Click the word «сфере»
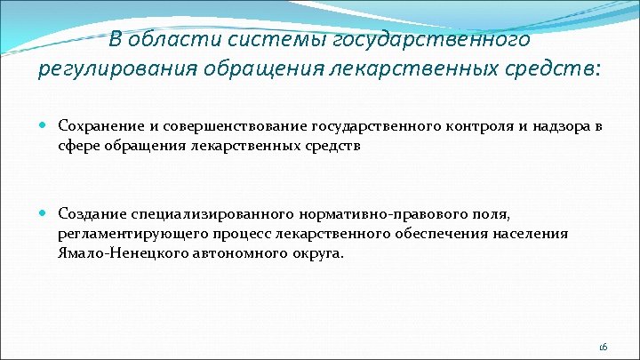pyautogui.click(x=78, y=146)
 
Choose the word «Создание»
pyautogui.click(x=89, y=214)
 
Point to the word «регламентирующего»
pyautogui.click(x=124, y=233)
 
